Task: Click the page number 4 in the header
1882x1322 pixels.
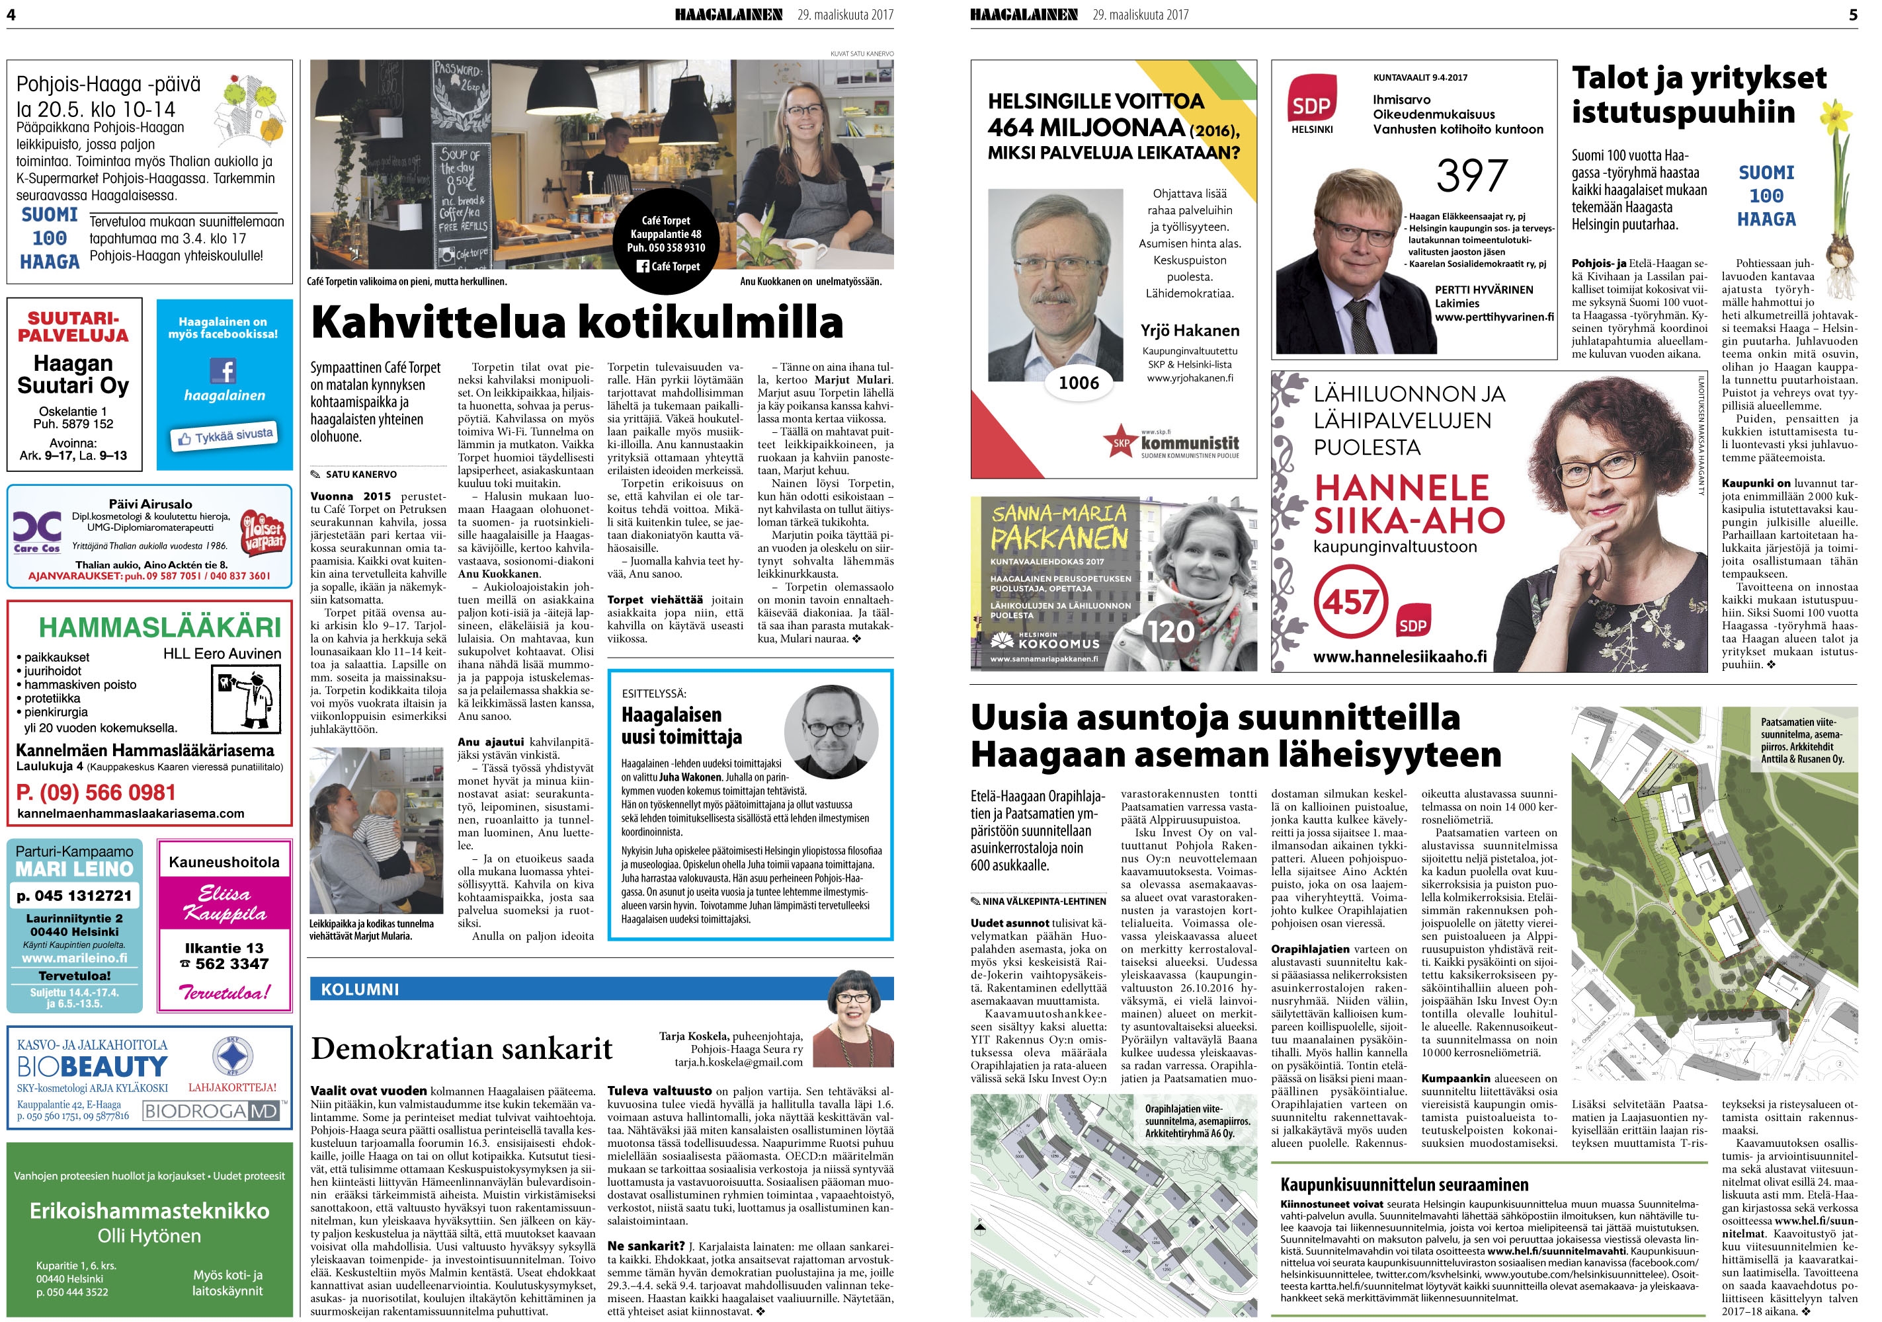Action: [x=11, y=14]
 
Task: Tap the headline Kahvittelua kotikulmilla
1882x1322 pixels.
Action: [x=577, y=322]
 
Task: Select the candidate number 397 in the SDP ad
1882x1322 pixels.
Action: [x=1471, y=175]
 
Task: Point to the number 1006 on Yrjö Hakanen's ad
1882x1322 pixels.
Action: [x=1078, y=383]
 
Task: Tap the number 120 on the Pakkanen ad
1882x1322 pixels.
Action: [x=1170, y=631]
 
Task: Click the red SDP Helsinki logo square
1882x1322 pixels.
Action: [x=1311, y=100]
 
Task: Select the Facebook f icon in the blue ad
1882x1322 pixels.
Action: [x=224, y=370]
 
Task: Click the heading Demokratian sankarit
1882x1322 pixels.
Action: [x=462, y=1048]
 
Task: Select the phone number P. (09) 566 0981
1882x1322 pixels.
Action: [x=96, y=793]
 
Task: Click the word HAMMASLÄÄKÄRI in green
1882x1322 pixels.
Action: [x=160, y=628]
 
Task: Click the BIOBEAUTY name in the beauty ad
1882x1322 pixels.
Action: [x=92, y=1066]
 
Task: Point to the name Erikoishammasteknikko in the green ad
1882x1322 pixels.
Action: [x=149, y=1210]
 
